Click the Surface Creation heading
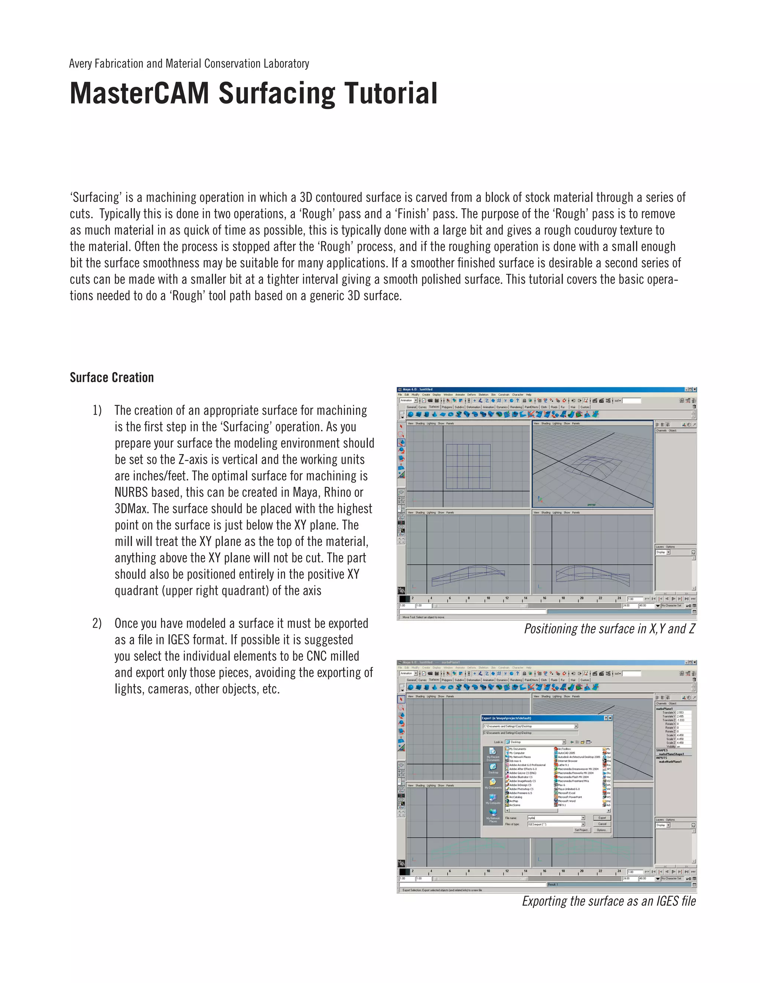pyautogui.click(x=112, y=377)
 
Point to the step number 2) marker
pyautogui.click(x=97, y=624)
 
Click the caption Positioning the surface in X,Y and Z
pyautogui.click(x=609, y=629)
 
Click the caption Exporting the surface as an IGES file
pyautogui.click(x=609, y=901)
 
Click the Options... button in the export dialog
pyautogui.click(x=602, y=830)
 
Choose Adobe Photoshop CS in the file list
pyautogui.click(x=521, y=789)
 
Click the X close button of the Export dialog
pyautogui.click(x=610, y=718)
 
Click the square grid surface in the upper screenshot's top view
pyautogui.click(x=468, y=466)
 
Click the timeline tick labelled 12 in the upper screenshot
pyautogui.click(x=507, y=599)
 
